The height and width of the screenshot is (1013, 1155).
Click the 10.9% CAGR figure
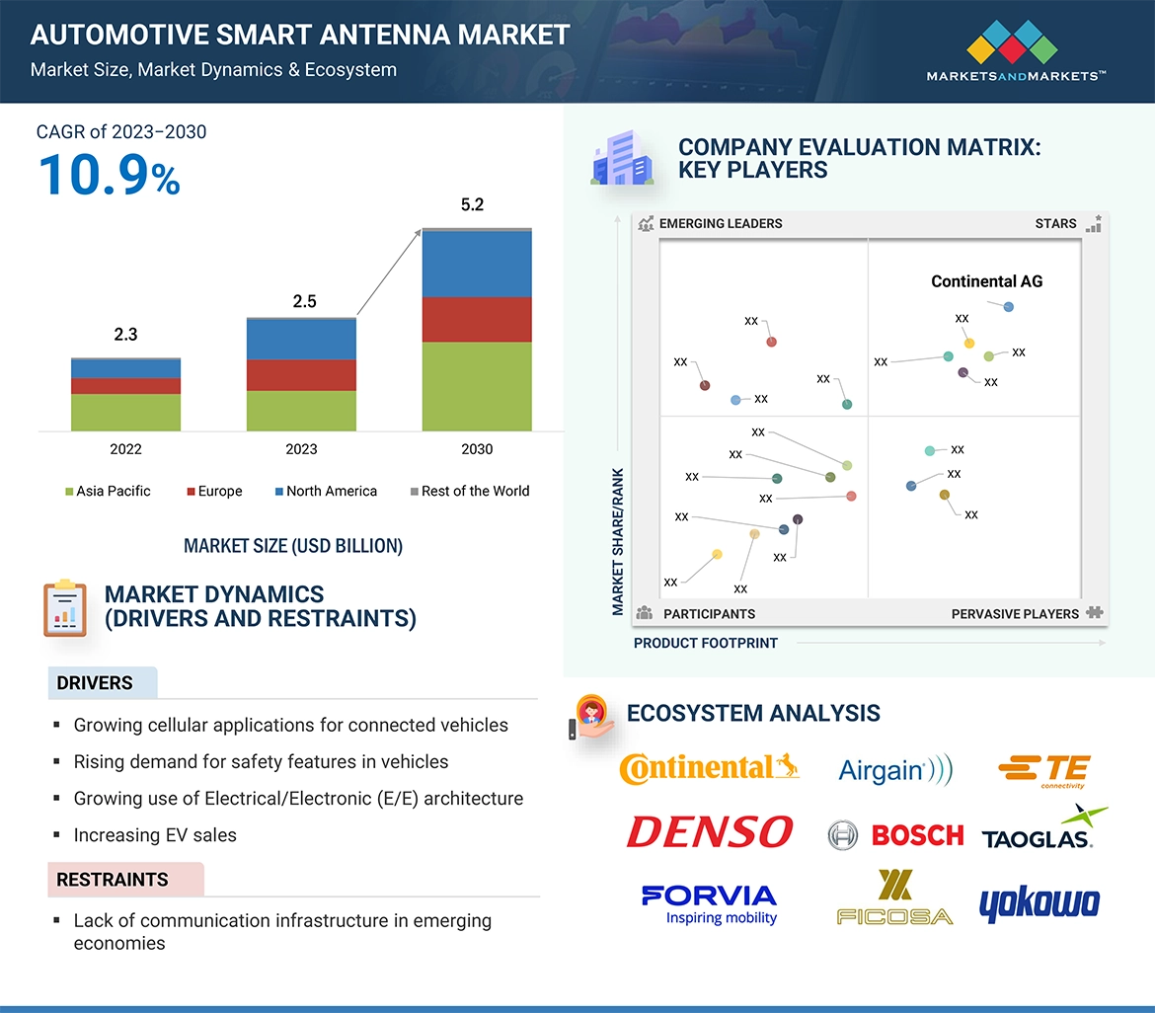[x=110, y=175]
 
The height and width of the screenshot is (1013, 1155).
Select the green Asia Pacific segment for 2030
[x=477, y=386]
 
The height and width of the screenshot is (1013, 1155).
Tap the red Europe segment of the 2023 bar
[x=301, y=375]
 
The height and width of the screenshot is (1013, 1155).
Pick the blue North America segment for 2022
[x=125, y=368]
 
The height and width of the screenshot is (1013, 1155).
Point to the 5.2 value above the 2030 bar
[x=473, y=205]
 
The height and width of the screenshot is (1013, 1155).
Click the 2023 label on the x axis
[x=301, y=449]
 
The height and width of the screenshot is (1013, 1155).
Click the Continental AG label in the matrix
[x=986, y=281]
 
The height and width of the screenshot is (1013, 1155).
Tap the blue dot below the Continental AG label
[x=1008, y=307]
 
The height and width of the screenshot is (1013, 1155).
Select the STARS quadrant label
[x=1055, y=223]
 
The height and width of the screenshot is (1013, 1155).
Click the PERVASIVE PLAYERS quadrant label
[x=1015, y=614]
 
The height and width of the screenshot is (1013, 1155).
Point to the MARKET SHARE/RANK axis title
[x=618, y=541]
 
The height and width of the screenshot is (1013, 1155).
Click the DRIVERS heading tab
[x=96, y=683]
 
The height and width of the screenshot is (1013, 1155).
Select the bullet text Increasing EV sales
[x=155, y=835]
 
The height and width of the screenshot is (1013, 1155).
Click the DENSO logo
[x=709, y=832]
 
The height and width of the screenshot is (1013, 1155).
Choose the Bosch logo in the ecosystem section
[x=895, y=835]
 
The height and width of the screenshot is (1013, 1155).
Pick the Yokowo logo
[x=1039, y=903]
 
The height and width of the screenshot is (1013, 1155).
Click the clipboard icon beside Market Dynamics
[x=64, y=607]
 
